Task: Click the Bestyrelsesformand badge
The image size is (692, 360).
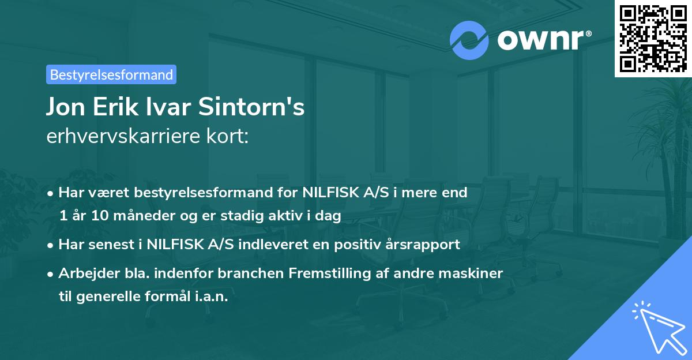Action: [111, 74]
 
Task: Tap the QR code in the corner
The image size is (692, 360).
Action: [653, 39]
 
